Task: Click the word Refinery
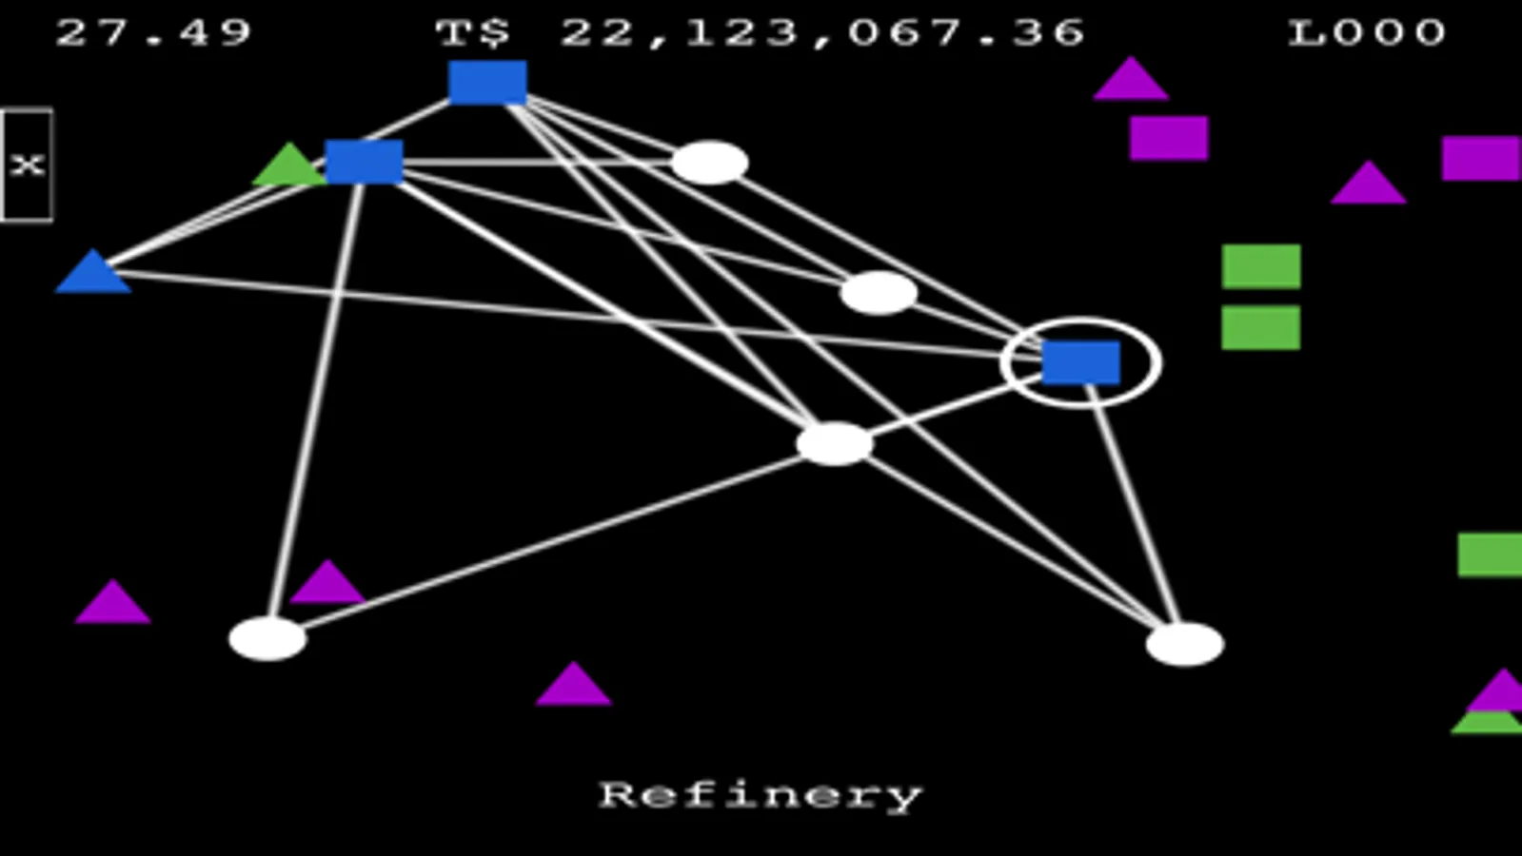(x=761, y=796)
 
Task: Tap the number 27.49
(x=153, y=32)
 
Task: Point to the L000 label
(x=1367, y=32)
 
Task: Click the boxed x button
(x=27, y=165)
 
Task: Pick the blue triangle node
(x=93, y=271)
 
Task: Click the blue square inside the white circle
(x=1080, y=363)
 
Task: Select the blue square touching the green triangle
(x=365, y=162)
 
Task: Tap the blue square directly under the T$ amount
(x=487, y=82)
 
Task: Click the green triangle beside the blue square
(x=289, y=165)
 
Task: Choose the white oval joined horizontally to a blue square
(x=710, y=163)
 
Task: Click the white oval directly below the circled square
(x=1185, y=644)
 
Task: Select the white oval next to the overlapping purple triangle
(x=267, y=639)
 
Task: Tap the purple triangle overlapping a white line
(x=327, y=582)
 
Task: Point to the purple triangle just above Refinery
(x=574, y=685)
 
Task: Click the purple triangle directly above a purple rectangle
(x=1132, y=80)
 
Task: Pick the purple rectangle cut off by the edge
(x=1481, y=158)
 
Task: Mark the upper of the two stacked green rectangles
(x=1261, y=266)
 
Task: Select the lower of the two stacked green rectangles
(x=1261, y=328)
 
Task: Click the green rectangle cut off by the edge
(x=1490, y=554)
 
